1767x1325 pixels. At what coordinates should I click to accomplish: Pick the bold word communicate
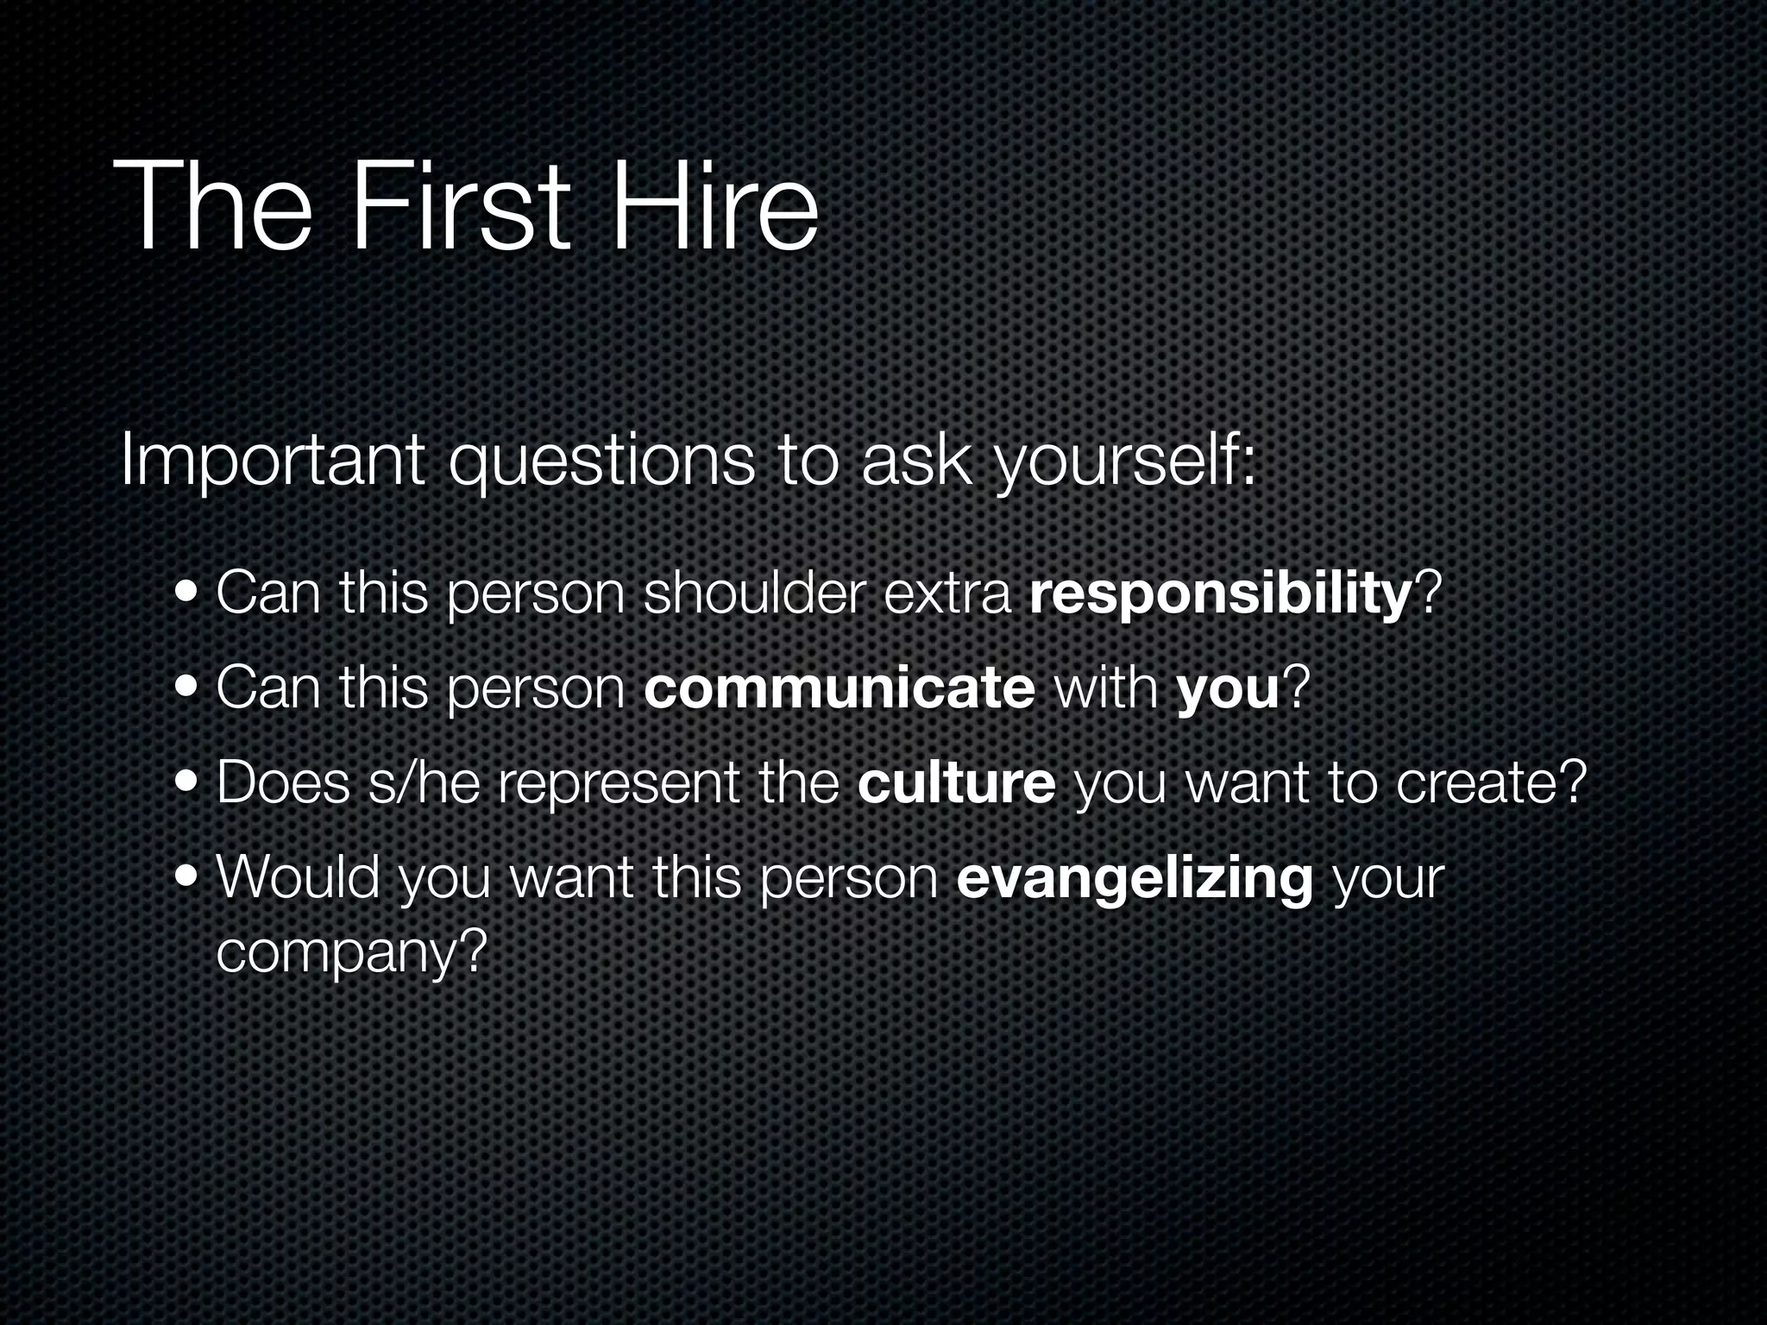[x=839, y=690]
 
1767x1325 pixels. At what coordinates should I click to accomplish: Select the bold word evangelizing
[x=1135, y=880]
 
